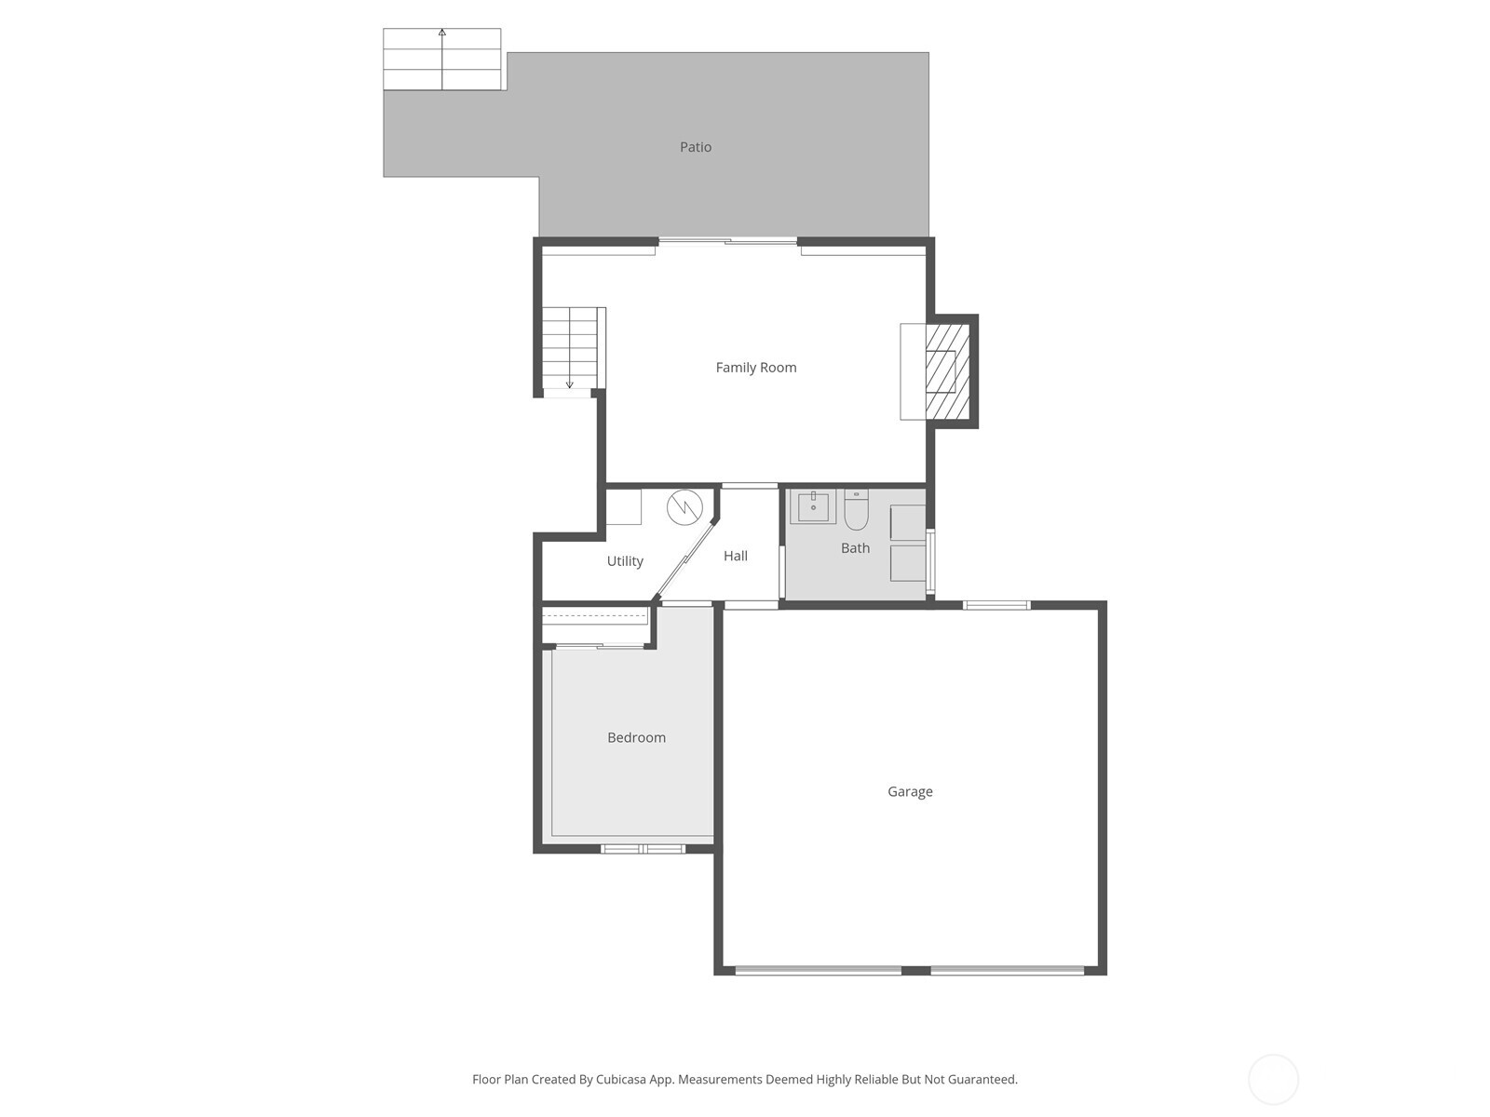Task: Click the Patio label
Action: [696, 147]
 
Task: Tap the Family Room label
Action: [755, 368]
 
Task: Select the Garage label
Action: [910, 792]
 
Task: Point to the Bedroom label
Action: [636, 738]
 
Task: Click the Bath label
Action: [855, 548]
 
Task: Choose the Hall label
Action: [735, 556]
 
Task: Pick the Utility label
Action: [625, 561]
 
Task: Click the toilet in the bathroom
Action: [856, 509]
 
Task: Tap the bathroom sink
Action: [813, 507]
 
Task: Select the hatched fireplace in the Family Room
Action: [948, 371]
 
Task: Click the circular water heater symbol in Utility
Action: [684, 507]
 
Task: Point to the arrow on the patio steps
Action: [442, 34]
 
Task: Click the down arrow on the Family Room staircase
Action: [570, 383]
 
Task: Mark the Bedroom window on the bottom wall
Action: [643, 848]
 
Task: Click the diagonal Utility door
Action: [684, 559]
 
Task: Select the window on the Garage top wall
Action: [996, 605]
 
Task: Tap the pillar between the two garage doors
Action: [915, 971]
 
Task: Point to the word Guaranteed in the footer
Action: [980, 1080]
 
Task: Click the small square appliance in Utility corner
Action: [623, 507]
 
